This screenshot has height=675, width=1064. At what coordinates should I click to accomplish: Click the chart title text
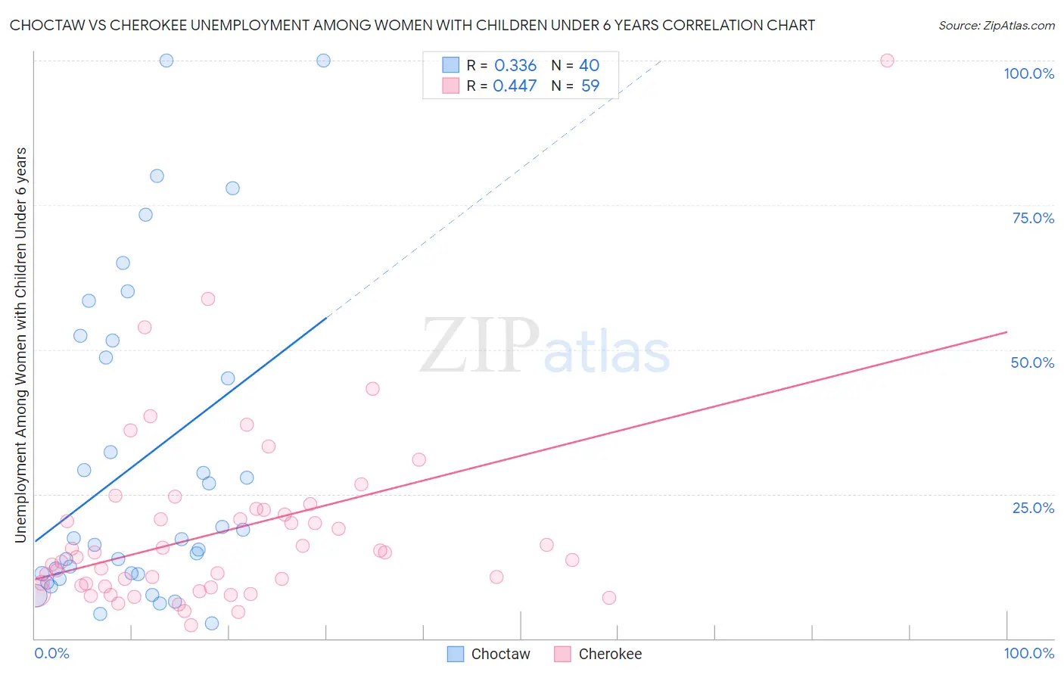point(412,25)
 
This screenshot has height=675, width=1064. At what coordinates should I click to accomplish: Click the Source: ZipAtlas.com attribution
point(996,25)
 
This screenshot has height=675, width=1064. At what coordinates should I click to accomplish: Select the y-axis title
point(21,344)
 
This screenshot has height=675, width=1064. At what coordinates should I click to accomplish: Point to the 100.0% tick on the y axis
point(1028,73)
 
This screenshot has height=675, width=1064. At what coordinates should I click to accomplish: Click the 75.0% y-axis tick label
point(1033,218)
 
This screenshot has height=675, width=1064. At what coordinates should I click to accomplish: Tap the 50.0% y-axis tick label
point(1032,362)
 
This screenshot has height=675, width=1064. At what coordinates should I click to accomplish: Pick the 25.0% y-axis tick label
point(1033,507)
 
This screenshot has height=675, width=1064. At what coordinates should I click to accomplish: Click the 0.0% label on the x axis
point(51,653)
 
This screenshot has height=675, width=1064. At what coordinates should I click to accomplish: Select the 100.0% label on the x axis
point(1028,653)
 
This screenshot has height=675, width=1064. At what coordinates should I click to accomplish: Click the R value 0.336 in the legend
point(515,66)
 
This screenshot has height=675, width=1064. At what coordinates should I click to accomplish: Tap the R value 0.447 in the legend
point(515,86)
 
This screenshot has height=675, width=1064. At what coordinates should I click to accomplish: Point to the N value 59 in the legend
point(590,86)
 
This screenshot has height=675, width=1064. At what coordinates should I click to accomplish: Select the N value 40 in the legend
point(589,66)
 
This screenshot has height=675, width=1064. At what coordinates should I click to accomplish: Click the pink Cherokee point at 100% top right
point(887,61)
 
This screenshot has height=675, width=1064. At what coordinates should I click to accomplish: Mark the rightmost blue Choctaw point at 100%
point(323,61)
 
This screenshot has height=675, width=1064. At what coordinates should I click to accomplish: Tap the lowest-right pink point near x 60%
point(609,598)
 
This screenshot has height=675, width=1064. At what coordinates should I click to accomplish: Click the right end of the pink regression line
point(1006,332)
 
